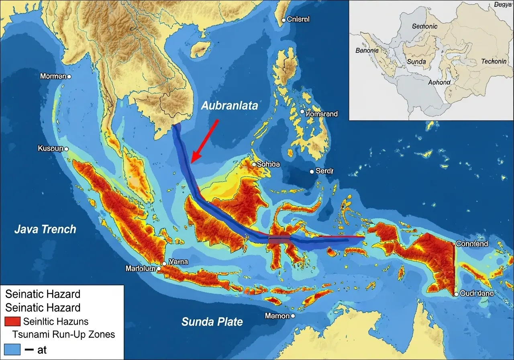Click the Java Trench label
click(x=45, y=229)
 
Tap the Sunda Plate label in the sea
click(x=212, y=322)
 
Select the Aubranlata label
click(x=229, y=106)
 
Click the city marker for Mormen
click(x=69, y=76)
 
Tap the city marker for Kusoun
click(x=66, y=149)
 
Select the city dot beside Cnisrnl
click(x=284, y=20)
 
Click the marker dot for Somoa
click(x=254, y=164)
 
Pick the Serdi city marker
click(x=312, y=172)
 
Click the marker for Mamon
click(x=293, y=316)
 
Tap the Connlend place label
click(x=472, y=244)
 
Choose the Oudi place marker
click(x=456, y=294)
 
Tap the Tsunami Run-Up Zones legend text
click(x=63, y=334)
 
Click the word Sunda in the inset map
click(x=416, y=62)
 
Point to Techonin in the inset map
click(x=494, y=62)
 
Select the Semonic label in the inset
click(x=425, y=26)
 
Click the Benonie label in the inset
click(x=367, y=51)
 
